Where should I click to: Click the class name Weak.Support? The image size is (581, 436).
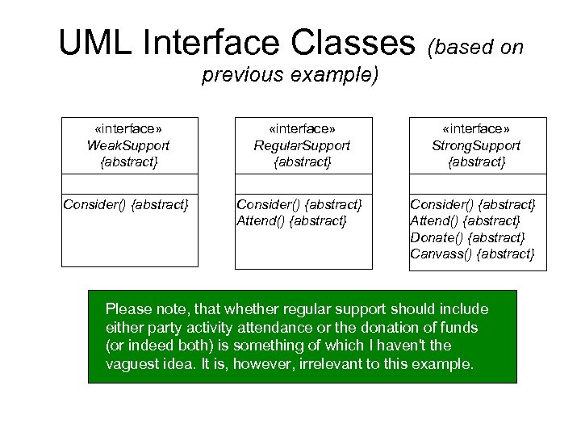[x=129, y=146]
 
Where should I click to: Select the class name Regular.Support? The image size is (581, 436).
[x=302, y=146]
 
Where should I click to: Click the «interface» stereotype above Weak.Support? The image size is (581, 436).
[x=129, y=130]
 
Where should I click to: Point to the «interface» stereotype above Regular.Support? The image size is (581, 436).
[x=302, y=130]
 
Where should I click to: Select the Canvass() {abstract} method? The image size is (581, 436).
[x=472, y=254]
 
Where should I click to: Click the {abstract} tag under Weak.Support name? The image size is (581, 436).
[x=129, y=162]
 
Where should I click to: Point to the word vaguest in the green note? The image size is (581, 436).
[x=132, y=363]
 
